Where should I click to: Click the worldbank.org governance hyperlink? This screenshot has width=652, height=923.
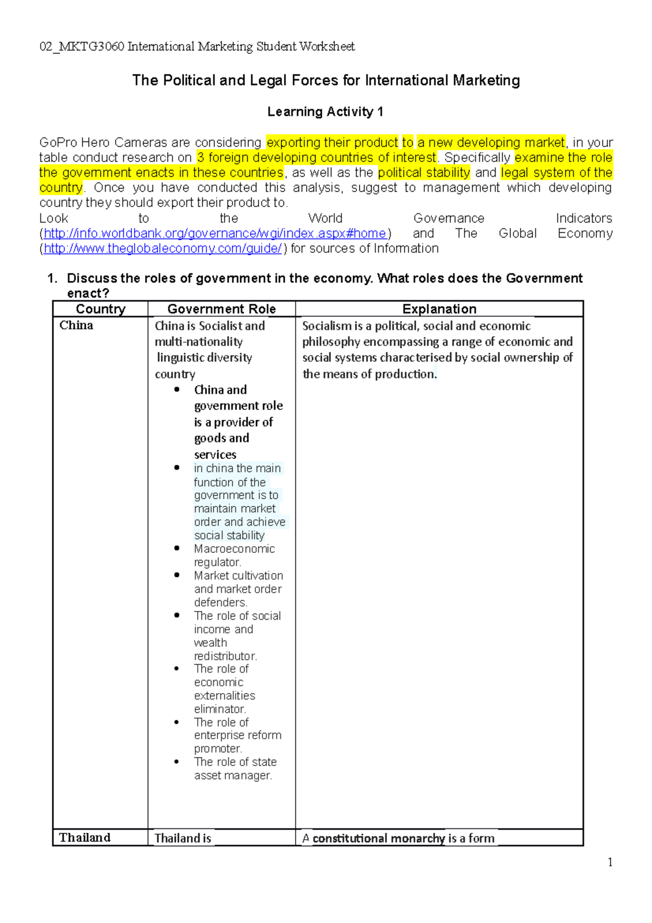point(215,234)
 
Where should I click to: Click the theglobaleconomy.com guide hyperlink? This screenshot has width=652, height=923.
point(162,249)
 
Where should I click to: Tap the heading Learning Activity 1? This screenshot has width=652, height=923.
point(325,112)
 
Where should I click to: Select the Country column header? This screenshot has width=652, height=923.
point(101,309)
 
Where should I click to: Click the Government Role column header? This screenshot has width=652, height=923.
point(221,309)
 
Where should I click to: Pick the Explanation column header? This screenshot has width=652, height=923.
point(439,309)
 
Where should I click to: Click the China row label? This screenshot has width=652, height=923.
point(76,325)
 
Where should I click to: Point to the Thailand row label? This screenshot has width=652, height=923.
point(85,838)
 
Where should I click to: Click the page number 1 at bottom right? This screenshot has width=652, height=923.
point(610,862)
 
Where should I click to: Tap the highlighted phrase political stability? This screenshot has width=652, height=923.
point(424,173)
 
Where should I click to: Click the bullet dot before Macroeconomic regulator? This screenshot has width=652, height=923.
point(177,548)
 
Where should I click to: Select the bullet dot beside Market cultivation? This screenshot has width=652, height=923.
point(177,575)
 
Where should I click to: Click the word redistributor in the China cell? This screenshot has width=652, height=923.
point(225,656)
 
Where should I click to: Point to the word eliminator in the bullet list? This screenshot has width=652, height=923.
point(220,709)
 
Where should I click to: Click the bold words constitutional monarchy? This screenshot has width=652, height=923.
point(379,838)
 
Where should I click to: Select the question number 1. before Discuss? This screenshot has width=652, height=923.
point(52,279)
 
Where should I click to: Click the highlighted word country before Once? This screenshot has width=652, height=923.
point(61,188)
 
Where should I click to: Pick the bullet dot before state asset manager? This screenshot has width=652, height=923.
point(177,762)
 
